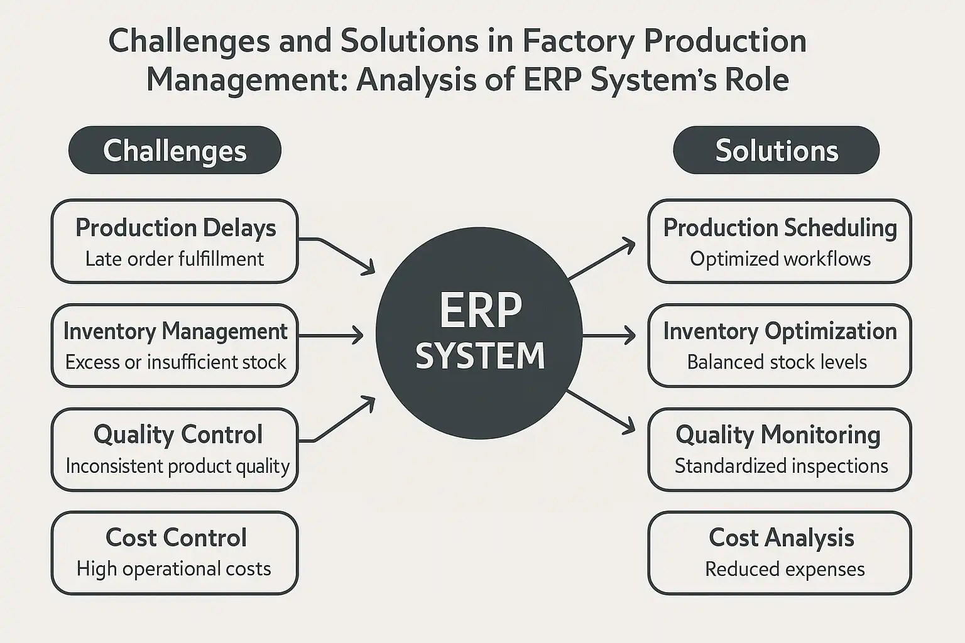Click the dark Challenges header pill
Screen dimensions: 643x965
[175, 151]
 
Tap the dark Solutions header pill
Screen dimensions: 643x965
[776, 151]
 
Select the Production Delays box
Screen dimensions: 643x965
[175, 241]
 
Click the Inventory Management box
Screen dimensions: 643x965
[175, 345]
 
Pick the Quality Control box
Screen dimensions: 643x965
[175, 449]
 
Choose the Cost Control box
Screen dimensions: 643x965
[175, 553]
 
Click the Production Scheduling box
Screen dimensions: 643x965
[779, 241]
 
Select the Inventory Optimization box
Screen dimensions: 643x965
[779, 345]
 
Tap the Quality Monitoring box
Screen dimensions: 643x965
[779, 449]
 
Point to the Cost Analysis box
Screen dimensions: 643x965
[779, 553]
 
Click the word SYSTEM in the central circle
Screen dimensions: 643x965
[480, 357]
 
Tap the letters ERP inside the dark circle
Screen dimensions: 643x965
[480, 310]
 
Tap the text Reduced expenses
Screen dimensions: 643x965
[785, 570]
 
